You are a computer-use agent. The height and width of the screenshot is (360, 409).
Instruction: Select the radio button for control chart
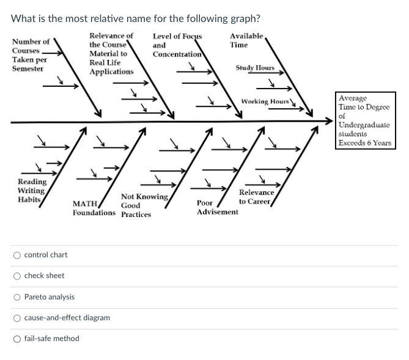coord(18,255)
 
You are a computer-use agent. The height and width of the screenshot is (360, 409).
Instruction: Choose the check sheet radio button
coord(18,276)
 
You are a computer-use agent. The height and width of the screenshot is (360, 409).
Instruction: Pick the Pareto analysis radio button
coord(18,297)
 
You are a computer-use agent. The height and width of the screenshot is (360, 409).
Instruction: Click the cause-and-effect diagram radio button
coord(18,318)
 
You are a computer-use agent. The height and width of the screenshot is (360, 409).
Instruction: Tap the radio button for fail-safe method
coord(18,339)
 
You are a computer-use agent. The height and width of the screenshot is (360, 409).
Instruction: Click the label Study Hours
coord(255,68)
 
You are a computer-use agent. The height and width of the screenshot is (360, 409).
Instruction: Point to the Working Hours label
coord(265,101)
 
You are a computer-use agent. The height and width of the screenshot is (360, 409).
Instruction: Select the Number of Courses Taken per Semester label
coord(31,55)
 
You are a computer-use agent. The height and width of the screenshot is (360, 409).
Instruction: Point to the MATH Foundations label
coord(93,208)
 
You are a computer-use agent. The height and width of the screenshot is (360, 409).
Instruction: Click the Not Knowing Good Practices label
coord(144,205)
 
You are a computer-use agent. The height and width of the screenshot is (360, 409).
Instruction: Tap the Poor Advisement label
coord(217,207)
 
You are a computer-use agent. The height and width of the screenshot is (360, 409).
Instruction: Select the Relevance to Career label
coord(256,197)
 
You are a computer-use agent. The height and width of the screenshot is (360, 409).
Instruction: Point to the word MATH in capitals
coord(84,204)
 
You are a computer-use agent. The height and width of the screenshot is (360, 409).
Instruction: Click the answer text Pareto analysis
coord(50,297)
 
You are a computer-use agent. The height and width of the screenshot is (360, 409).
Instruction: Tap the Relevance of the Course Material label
coord(111,54)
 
